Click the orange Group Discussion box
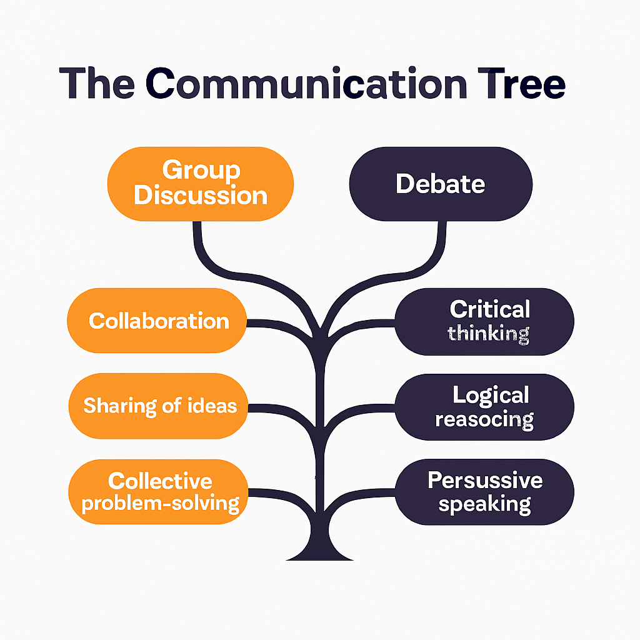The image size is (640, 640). tap(201, 184)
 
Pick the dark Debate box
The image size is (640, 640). tap(441, 184)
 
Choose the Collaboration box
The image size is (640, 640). tap(158, 321)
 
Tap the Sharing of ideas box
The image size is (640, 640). tap(159, 406)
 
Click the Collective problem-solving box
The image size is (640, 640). tap(159, 492)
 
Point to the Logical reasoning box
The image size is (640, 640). tap(484, 407)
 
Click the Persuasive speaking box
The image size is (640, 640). tap(484, 492)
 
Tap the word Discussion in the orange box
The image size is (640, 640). tap(201, 195)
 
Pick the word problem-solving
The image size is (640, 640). tap(161, 502)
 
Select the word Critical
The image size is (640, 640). tap(490, 309)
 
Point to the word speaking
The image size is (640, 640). tap(484, 504)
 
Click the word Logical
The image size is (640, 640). tap(491, 395)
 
